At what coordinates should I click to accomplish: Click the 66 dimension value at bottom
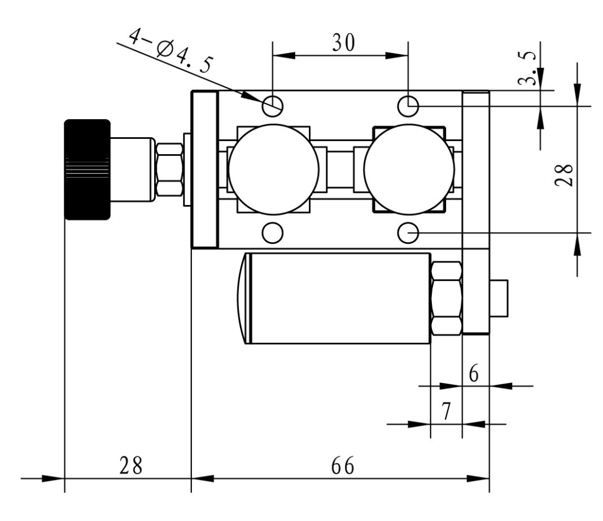tap(341, 466)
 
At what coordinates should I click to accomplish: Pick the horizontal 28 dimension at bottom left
tap(130, 466)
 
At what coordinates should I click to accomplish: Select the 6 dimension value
tap(474, 374)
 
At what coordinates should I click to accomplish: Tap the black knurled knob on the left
tap(87, 169)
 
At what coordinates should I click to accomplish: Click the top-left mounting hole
tap(273, 104)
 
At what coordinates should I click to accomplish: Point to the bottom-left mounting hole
tap(273, 232)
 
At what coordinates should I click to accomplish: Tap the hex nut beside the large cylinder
tap(446, 298)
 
